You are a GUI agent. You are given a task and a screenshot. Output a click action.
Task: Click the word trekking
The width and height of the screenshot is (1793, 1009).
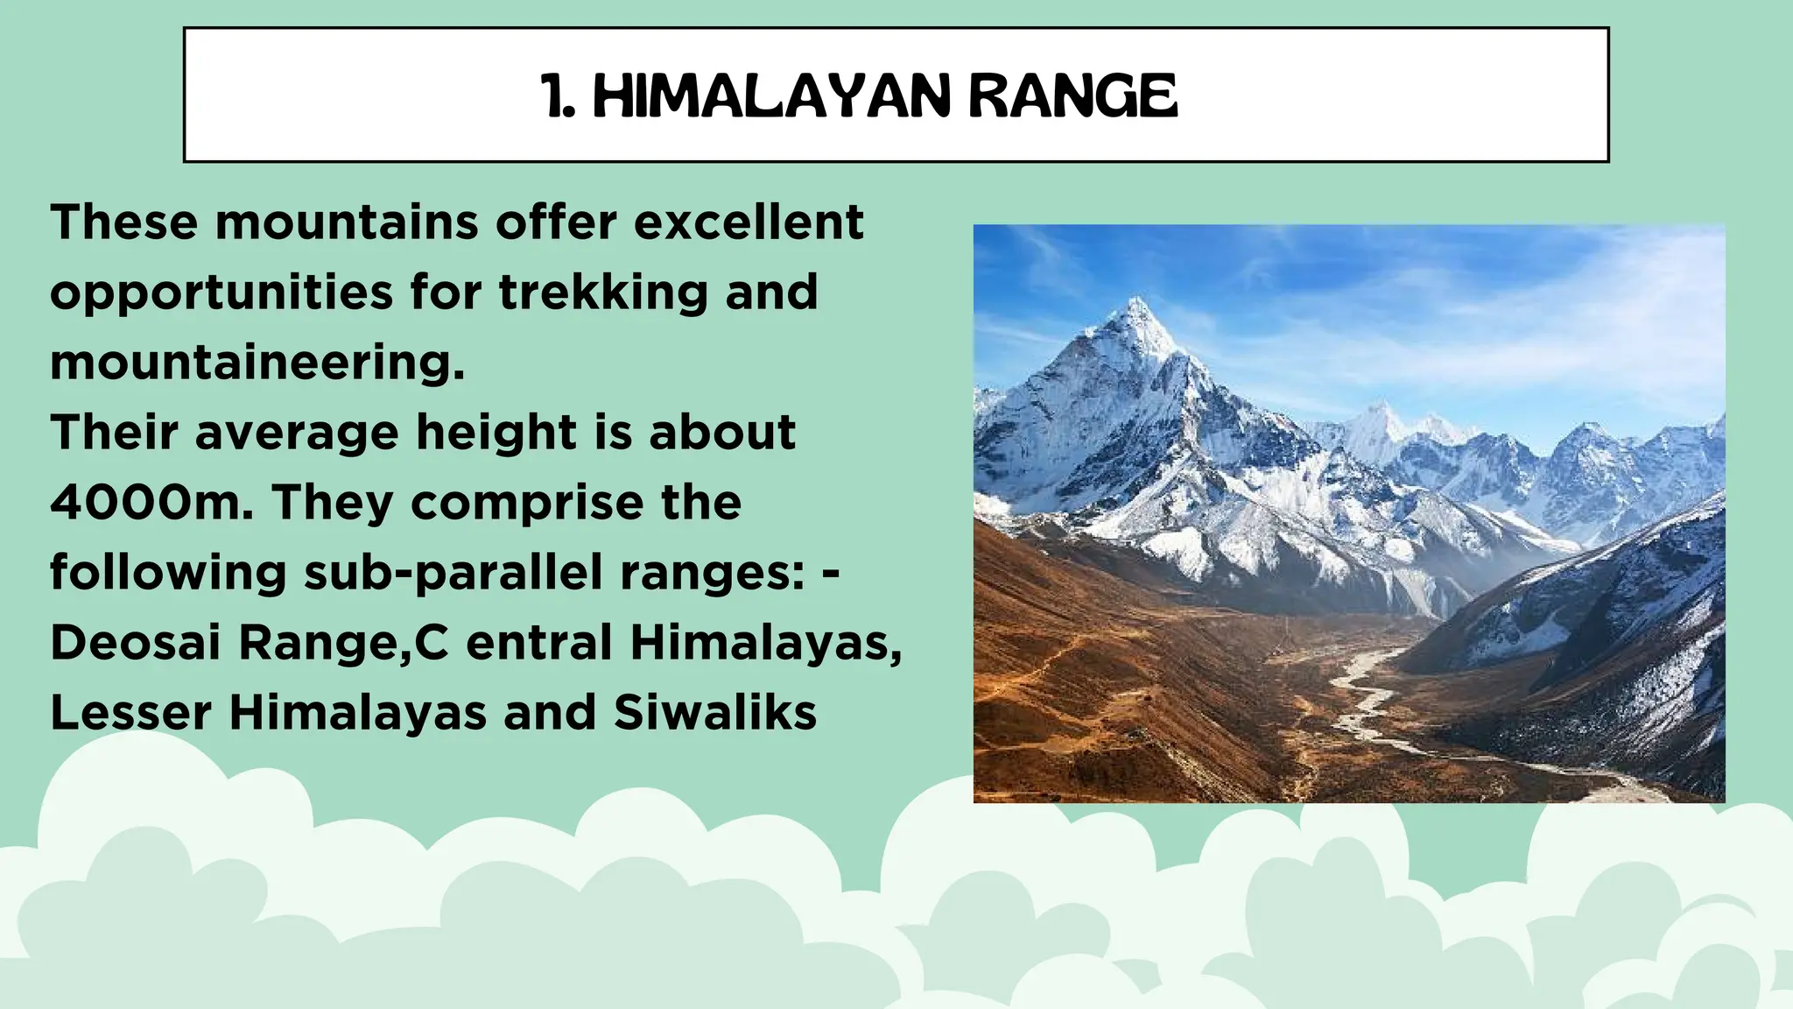pyautogui.click(x=603, y=292)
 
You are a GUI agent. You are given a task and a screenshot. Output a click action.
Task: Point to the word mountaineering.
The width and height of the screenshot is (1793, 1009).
pyautogui.click(x=257, y=363)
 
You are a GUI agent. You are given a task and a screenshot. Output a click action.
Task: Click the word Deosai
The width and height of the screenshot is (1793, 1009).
pyautogui.click(x=136, y=643)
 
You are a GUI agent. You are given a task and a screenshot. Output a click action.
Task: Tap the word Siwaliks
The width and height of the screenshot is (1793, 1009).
pyautogui.click(x=714, y=713)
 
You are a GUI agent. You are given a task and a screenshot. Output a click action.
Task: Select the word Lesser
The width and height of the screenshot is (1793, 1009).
pyautogui.click(x=130, y=713)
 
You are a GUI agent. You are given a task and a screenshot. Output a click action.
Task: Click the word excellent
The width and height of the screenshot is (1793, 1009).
pyautogui.click(x=749, y=222)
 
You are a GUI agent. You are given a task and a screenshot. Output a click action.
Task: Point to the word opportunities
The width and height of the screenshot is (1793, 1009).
pyautogui.click(x=221, y=293)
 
